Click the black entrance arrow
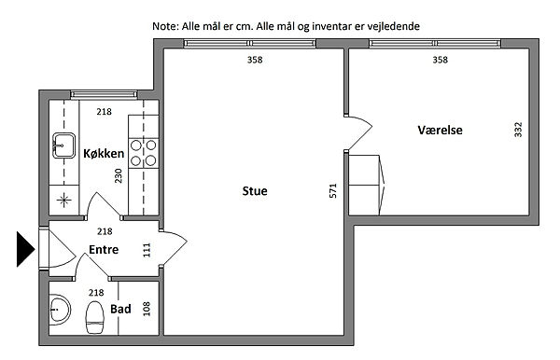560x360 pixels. click(25, 249)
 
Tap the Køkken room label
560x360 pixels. click(104, 154)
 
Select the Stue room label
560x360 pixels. click(255, 191)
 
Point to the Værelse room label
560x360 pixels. click(440, 130)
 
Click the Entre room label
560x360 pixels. click(104, 249)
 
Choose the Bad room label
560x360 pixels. click(120, 309)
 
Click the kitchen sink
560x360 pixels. click(63, 145)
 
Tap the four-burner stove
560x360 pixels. click(143, 153)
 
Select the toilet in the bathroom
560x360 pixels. click(94, 317)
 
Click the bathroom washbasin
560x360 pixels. click(60, 310)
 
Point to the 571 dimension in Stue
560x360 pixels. click(333, 190)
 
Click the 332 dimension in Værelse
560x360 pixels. click(518, 130)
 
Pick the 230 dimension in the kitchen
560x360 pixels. click(119, 176)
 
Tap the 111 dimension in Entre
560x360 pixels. click(147, 250)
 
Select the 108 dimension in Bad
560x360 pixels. click(147, 309)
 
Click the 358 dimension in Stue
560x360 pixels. click(255, 60)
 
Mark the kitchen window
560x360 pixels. click(104, 94)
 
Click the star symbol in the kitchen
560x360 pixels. click(63, 200)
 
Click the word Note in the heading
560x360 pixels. click(164, 26)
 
